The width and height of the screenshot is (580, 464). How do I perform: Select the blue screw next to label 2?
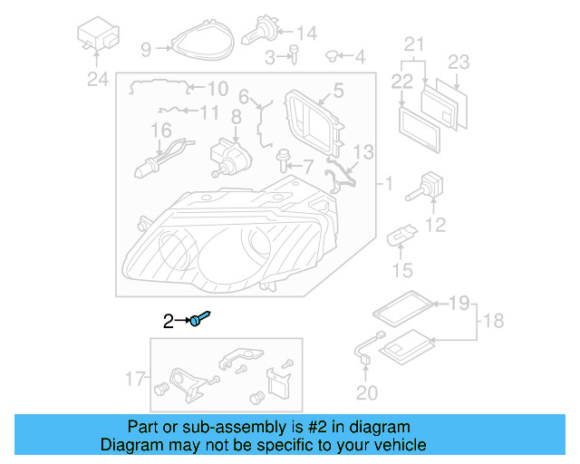pos(200,319)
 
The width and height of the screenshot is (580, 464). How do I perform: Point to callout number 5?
pos(337,90)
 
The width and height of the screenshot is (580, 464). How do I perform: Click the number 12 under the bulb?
pos(436,224)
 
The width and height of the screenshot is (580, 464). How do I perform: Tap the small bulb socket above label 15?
pos(400,239)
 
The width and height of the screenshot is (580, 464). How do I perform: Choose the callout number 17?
pos(133,378)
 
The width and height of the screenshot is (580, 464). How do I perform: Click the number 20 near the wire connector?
pos(364,392)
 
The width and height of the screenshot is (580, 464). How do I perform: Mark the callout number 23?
pos(459,63)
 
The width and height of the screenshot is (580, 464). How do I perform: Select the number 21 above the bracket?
pos(414,43)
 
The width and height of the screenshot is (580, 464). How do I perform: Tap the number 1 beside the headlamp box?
pos(387,185)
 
